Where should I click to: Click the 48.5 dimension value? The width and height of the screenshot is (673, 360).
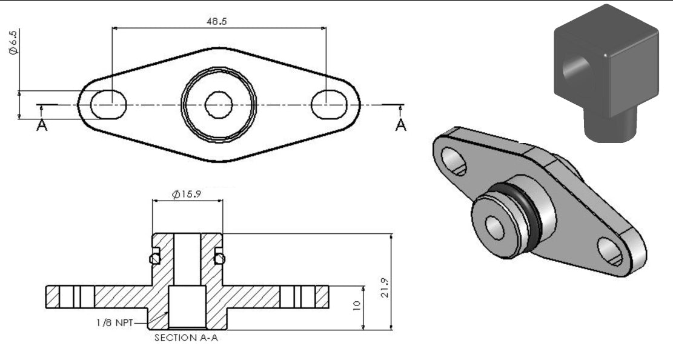pos(217,21)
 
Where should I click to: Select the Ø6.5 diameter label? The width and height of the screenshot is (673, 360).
pos(13,43)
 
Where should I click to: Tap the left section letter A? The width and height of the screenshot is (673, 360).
pos(41,125)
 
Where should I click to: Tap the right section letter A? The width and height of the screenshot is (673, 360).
pos(401,125)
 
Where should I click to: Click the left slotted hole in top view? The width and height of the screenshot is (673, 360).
pos(108,105)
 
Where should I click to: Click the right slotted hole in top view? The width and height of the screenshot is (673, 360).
pos(328,105)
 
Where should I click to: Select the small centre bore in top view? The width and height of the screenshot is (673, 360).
pos(217,105)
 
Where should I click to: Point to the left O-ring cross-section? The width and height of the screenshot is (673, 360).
pos(155,259)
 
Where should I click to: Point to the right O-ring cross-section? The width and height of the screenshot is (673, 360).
pos(220,259)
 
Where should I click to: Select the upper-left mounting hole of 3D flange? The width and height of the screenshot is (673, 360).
pos(454,160)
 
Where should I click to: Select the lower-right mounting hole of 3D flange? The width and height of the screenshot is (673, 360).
pos(610,252)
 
